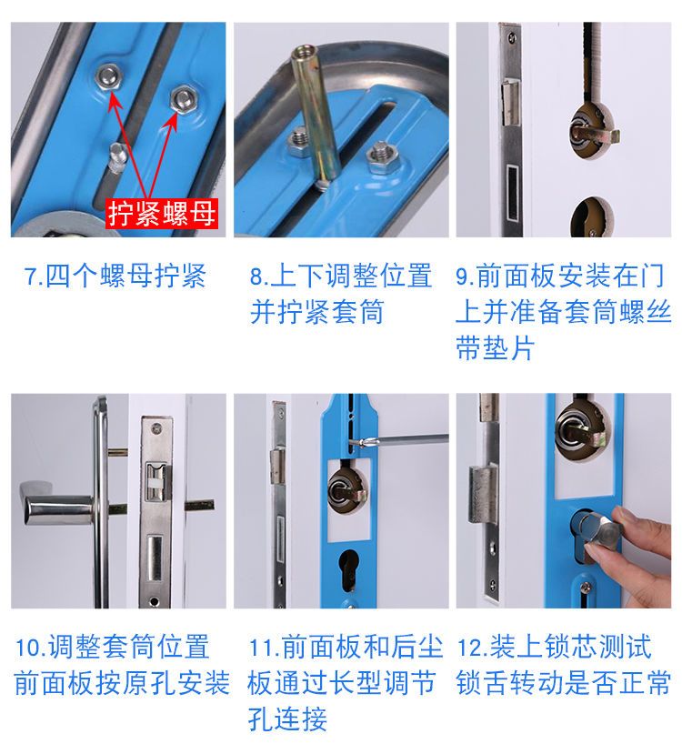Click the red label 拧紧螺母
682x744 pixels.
click(x=162, y=214)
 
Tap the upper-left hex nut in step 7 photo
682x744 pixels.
click(x=108, y=75)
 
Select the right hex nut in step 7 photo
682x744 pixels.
click(x=183, y=99)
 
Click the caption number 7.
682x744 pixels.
click(x=31, y=276)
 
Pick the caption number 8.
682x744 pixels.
click(x=256, y=276)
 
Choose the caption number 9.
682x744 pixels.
click(x=463, y=276)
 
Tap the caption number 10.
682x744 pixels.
click(x=27, y=648)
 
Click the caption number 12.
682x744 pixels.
click(x=469, y=648)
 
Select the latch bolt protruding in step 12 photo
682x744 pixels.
click(x=483, y=494)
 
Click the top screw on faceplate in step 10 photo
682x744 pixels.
click(x=155, y=429)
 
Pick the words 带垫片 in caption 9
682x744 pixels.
click(x=495, y=347)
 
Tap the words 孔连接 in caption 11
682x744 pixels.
click(x=287, y=719)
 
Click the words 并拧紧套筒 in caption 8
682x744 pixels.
click(x=316, y=312)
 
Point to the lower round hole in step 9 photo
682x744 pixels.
click(x=591, y=218)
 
